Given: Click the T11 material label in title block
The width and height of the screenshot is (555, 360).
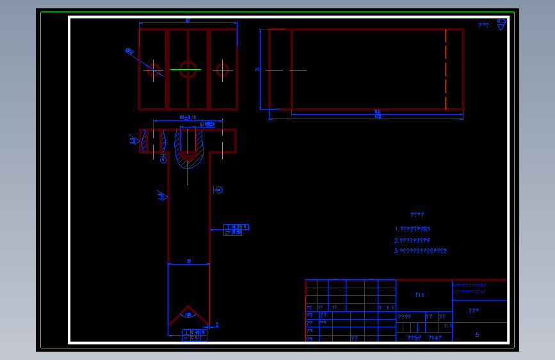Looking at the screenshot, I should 419,295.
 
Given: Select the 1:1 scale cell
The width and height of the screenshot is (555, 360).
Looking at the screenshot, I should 447,325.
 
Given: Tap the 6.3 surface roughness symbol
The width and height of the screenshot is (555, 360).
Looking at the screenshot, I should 501,23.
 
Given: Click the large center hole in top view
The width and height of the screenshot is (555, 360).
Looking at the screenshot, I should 188,69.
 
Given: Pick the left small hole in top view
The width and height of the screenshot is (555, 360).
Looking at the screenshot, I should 154,70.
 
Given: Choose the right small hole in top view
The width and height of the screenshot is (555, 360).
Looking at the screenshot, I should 222,69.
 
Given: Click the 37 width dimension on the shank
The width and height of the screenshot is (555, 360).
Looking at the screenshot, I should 189,261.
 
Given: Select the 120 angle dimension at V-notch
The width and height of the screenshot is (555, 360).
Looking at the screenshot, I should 188,315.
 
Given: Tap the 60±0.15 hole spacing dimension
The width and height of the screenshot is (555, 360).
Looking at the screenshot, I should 188,118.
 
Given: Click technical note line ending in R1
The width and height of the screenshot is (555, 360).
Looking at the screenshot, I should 413,229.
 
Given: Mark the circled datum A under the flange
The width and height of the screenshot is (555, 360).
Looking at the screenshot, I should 163,159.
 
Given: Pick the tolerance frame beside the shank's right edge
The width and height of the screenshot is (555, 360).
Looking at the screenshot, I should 236,229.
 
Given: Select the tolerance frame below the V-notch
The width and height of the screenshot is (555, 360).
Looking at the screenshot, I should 194,334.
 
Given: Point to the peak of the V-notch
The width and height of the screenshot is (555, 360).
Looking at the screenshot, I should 188,306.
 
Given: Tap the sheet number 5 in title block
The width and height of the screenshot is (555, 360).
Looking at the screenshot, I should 477,334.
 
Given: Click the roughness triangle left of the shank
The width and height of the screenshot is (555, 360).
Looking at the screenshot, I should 161,196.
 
